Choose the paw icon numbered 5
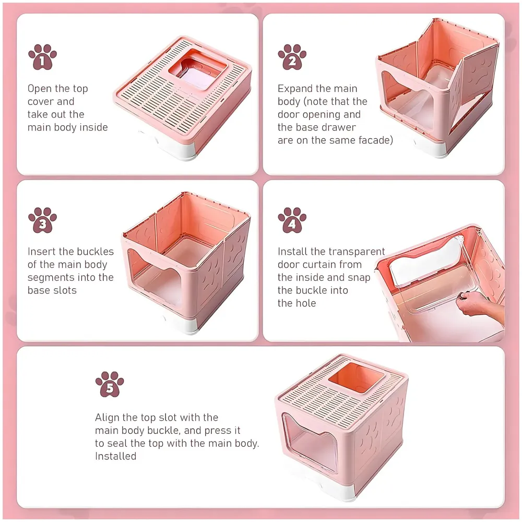(110, 385)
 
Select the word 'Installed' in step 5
(115, 456)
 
